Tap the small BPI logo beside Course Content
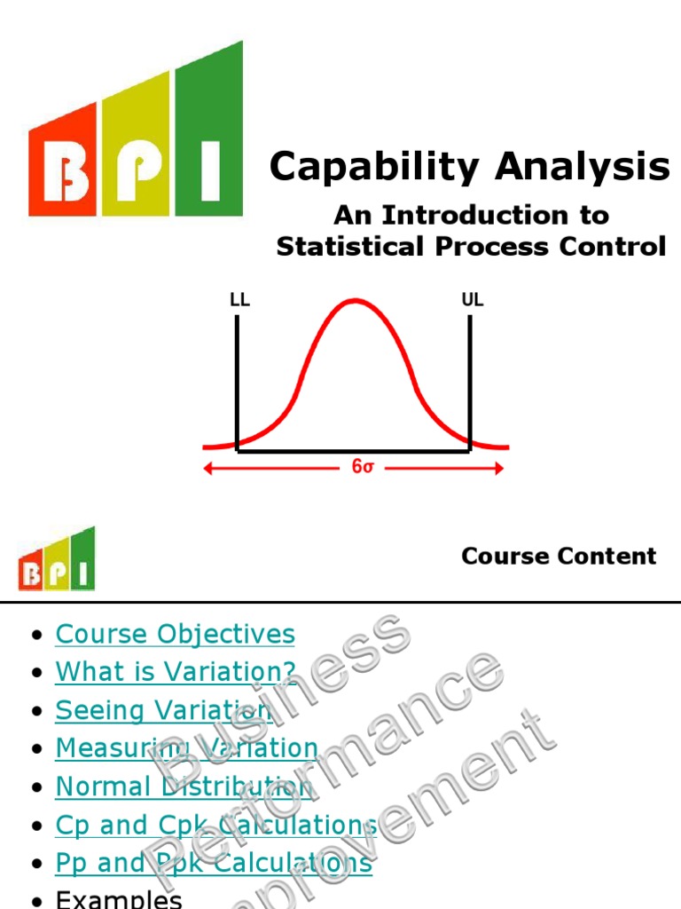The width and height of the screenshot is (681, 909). click(56, 559)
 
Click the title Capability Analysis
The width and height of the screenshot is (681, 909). click(470, 166)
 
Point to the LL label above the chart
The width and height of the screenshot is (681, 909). click(239, 300)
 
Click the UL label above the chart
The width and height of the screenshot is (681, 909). click(473, 300)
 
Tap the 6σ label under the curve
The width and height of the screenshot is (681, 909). click(362, 467)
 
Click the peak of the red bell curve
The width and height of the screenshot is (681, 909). click(355, 301)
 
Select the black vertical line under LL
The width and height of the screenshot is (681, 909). click(238, 382)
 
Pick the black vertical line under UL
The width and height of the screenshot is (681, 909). click(470, 382)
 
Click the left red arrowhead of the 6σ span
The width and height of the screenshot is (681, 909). click(209, 468)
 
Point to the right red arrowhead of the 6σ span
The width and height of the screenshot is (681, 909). click(499, 468)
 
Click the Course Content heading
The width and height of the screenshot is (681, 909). click(559, 557)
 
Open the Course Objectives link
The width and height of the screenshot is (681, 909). click(175, 634)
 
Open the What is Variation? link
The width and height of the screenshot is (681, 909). click(176, 672)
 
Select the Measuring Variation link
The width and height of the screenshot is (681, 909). click(186, 748)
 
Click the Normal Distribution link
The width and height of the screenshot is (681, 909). click(184, 786)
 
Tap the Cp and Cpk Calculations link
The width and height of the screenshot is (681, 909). click(215, 825)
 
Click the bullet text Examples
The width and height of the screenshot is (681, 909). click(119, 898)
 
